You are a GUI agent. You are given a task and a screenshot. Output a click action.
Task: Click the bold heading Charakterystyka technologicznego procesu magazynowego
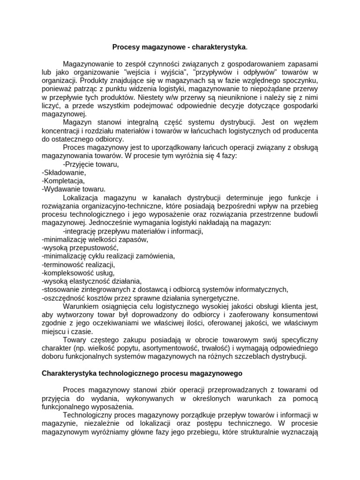coord(142,374)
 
